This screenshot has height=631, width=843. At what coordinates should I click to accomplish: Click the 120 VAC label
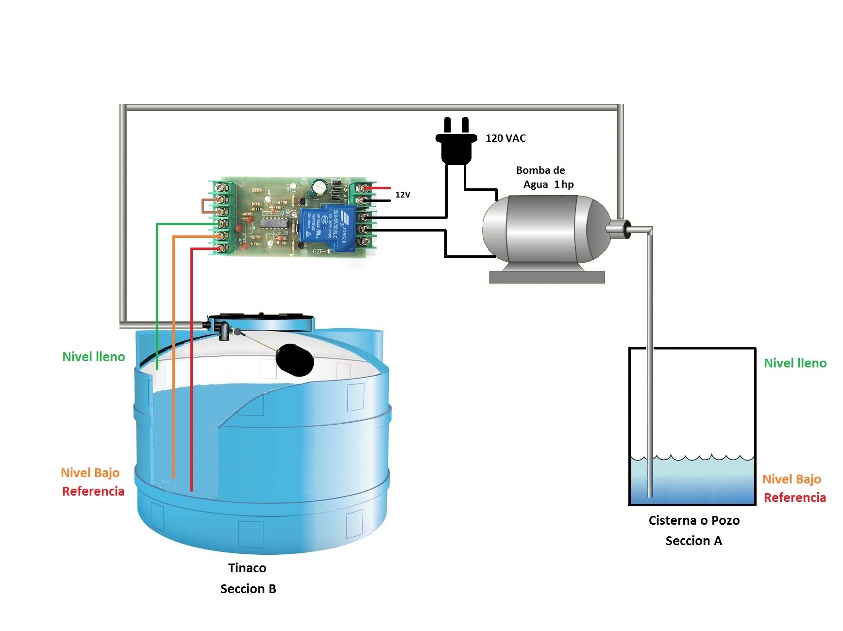(505, 138)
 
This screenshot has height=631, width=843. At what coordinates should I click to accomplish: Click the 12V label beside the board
(403, 195)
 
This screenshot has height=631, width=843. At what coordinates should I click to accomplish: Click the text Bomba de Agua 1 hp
(543, 177)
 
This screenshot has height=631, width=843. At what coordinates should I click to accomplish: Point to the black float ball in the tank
(294, 360)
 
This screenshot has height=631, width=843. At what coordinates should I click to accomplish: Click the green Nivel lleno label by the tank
(93, 357)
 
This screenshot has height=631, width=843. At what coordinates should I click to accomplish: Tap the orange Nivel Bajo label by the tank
(90, 473)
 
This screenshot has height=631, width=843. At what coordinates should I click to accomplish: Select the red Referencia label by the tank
(93, 491)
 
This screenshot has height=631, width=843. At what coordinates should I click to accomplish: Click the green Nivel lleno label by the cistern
(794, 363)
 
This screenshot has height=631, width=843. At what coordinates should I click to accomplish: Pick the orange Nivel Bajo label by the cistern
(791, 479)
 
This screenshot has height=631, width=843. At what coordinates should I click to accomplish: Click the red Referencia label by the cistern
(794, 498)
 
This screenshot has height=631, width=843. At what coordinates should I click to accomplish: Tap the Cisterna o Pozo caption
(693, 520)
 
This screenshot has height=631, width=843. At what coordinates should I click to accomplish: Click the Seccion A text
(693, 541)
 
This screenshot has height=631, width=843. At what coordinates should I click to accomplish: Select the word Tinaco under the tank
(247, 568)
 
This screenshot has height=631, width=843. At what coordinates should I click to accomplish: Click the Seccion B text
(248, 589)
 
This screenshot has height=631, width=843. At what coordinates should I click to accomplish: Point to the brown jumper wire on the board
(203, 206)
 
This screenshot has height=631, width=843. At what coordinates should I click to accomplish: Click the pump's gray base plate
(546, 277)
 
